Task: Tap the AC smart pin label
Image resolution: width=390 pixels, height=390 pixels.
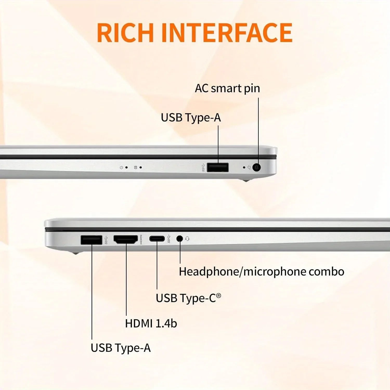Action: pos(227,89)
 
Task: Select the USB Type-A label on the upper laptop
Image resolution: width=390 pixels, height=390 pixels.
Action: pos(191,118)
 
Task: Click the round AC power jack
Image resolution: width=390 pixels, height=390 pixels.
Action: pos(257,167)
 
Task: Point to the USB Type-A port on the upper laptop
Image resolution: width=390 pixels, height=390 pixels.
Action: pos(218,167)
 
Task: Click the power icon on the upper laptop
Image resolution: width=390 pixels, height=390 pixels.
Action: pos(121,167)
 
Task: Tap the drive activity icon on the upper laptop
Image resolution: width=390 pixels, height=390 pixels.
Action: pos(135,167)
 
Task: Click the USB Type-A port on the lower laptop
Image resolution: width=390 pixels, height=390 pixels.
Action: pos(92,240)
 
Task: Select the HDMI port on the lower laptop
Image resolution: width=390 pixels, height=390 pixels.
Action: pos(126,239)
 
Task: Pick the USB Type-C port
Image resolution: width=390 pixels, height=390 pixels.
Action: pos(157,239)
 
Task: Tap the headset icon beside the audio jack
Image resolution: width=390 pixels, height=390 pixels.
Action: pos(187,239)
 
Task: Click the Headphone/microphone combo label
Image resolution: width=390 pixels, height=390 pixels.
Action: pos(262,272)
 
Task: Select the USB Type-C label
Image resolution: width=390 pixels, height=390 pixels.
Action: pos(188,298)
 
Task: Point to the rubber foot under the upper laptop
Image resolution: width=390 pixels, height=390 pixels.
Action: pos(246,180)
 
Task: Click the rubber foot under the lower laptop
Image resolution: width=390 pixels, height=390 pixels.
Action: pos(75,252)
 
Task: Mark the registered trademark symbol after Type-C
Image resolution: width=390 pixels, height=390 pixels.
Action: pos(219,296)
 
